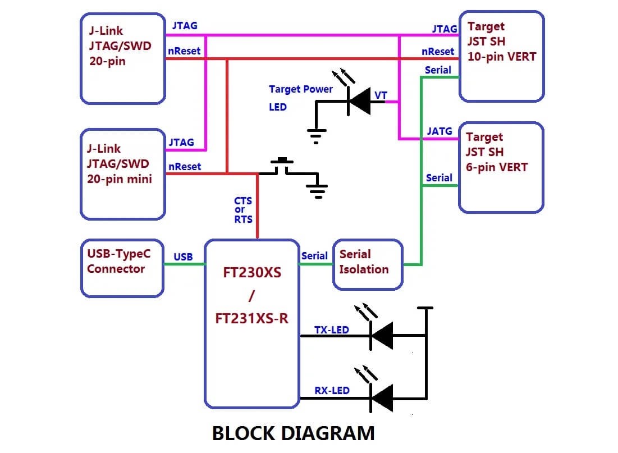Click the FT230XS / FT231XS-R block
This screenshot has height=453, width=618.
click(x=251, y=324)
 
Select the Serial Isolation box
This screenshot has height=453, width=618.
click(x=368, y=264)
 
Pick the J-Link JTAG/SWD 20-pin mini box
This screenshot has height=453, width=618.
click(x=122, y=173)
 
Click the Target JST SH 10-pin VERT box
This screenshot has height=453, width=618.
click(x=501, y=56)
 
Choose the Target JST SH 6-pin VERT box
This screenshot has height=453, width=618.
click(x=501, y=168)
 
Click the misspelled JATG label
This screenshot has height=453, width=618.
click(x=439, y=131)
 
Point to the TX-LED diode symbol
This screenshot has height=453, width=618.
click(x=382, y=336)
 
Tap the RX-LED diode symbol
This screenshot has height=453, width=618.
click(x=382, y=399)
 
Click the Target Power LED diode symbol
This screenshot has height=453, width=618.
click(x=359, y=102)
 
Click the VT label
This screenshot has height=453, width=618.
click(x=381, y=95)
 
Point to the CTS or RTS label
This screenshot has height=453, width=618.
click(x=243, y=210)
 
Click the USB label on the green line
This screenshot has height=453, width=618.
click(x=183, y=257)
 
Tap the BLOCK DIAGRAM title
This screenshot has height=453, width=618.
click(x=293, y=433)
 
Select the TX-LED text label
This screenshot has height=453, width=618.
click(x=331, y=330)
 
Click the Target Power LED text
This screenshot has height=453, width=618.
click(x=300, y=97)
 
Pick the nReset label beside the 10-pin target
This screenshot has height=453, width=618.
click(x=438, y=51)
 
